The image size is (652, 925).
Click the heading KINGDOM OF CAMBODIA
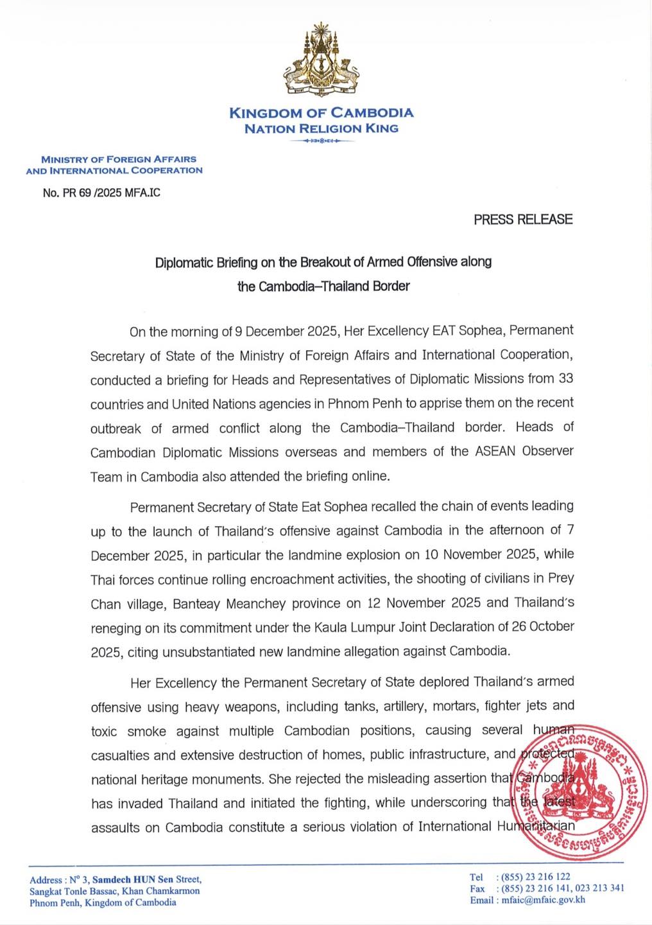coord(322,113)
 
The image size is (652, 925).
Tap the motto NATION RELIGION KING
coord(322,128)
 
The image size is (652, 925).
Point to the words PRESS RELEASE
coord(523,219)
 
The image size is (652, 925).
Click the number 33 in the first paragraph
coord(565,378)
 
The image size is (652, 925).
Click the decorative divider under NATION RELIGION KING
coord(321,141)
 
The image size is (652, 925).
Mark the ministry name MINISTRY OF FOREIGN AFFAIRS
coord(119,159)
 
